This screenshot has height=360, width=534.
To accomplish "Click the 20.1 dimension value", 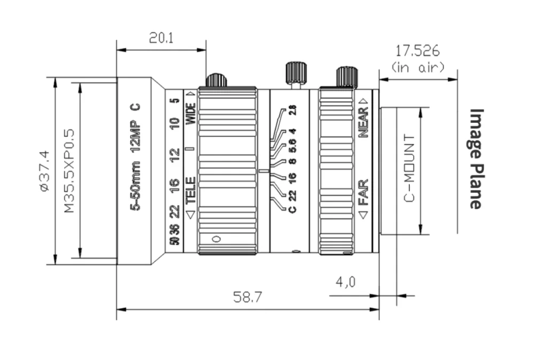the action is [x=161, y=38].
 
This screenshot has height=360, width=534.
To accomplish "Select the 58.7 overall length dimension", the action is [x=248, y=297].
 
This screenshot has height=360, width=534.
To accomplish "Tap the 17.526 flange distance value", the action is [x=417, y=51].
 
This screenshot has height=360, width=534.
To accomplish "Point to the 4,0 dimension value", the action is [x=345, y=281].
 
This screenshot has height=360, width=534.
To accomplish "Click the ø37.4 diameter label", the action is [x=45, y=171].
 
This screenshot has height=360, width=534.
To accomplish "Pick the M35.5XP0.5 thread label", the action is [x=69, y=170].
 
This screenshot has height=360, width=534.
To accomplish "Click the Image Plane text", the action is [x=476, y=159].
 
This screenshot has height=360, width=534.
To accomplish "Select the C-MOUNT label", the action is [x=409, y=168].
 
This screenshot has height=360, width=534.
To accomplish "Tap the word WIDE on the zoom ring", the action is [x=191, y=113].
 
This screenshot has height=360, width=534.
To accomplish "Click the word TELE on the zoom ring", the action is [x=191, y=190].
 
